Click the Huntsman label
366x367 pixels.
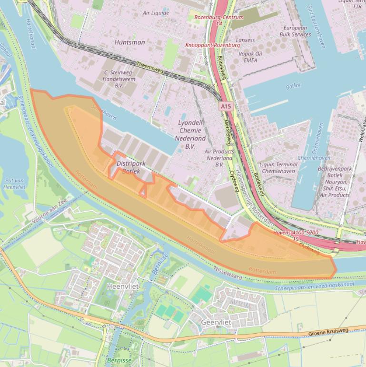point(129,42)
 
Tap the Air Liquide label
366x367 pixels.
point(156,13)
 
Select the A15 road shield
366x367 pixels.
point(226,107)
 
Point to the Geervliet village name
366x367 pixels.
point(216,323)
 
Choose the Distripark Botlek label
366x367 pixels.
point(130,167)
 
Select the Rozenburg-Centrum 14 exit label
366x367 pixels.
point(219,20)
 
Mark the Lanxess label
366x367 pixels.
point(245,41)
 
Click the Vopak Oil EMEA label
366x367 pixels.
point(250,57)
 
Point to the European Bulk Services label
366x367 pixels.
point(295,31)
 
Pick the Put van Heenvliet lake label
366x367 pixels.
point(14,184)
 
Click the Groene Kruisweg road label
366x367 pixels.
point(328,332)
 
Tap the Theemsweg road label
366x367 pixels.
point(150,67)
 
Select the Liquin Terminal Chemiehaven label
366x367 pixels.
point(278,167)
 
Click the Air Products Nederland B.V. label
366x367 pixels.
point(219,158)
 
